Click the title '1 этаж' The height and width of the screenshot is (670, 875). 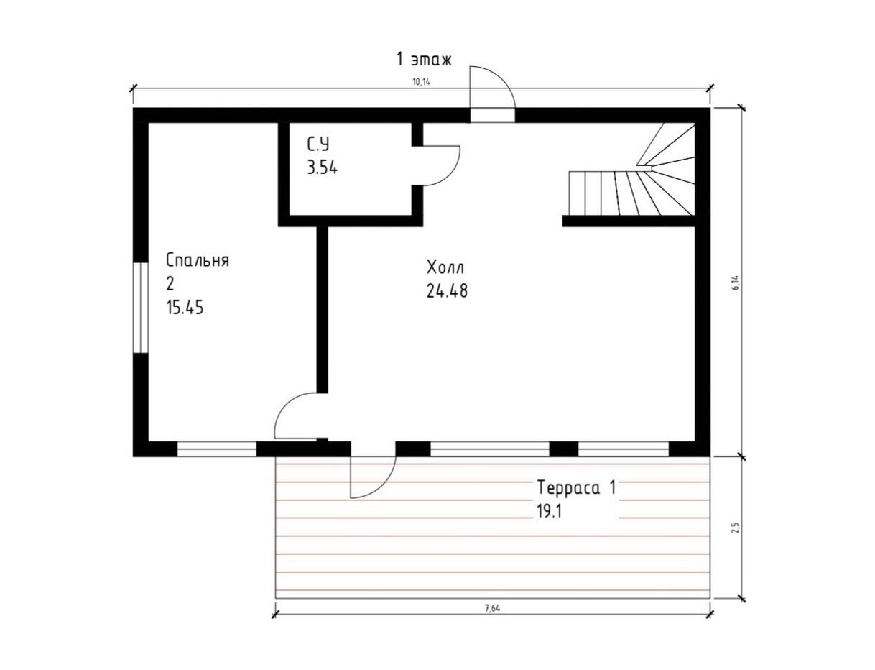[424, 60]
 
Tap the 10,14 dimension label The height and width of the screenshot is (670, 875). [422, 82]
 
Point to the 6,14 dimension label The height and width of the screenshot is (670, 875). [736, 282]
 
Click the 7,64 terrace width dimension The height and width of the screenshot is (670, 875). [493, 609]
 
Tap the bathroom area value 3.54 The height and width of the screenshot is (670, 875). [322, 167]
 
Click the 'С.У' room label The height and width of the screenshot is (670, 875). [318, 144]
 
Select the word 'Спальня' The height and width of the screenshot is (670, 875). [198, 260]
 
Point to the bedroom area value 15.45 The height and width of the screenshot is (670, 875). [185, 308]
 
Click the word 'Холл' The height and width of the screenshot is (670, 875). [445, 267]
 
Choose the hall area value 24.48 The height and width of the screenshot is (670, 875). [447, 291]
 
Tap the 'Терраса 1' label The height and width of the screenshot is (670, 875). [577, 487]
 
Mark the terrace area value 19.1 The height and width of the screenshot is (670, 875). [550, 511]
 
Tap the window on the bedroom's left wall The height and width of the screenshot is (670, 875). [140, 308]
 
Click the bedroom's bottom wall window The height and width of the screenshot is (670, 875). [216, 449]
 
